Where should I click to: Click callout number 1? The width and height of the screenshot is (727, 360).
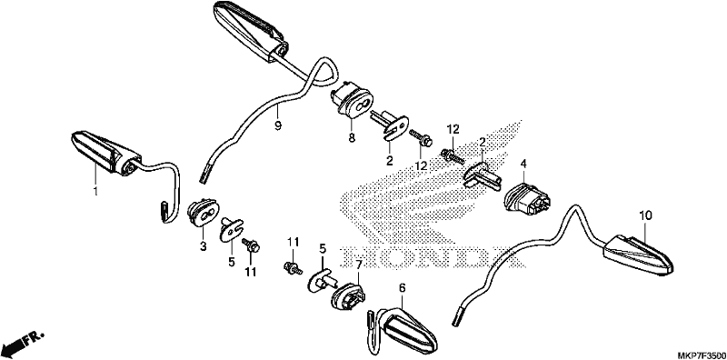click(x=96, y=191)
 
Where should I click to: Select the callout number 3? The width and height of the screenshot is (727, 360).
click(x=203, y=246)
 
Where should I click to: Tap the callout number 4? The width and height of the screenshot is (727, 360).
click(x=523, y=164)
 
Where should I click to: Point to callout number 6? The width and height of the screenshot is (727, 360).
click(x=402, y=288)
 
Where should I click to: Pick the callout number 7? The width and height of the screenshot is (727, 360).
click(x=358, y=265)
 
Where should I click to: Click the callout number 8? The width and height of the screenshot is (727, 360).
click(x=352, y=138)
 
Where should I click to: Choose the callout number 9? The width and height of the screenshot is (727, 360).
click(x=278, y=125)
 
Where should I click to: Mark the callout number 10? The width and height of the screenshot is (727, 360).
click(x=645, y=215)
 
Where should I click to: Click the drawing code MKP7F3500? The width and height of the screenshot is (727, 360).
click(x=702, y=355)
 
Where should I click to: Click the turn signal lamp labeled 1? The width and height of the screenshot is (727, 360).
click(x=105, y=154)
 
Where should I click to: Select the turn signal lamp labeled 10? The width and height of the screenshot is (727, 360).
click(x=638, y=255)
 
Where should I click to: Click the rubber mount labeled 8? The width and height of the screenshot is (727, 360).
click(x=352, y=101)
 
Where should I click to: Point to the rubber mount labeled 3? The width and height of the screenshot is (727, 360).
click(x=204, y=213)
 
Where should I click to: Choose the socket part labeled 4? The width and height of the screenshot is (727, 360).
click(x=528, y=199)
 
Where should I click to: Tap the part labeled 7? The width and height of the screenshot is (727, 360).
click(x=349, y=296)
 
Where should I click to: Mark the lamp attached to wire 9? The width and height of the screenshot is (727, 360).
click(x=250, y=31)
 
